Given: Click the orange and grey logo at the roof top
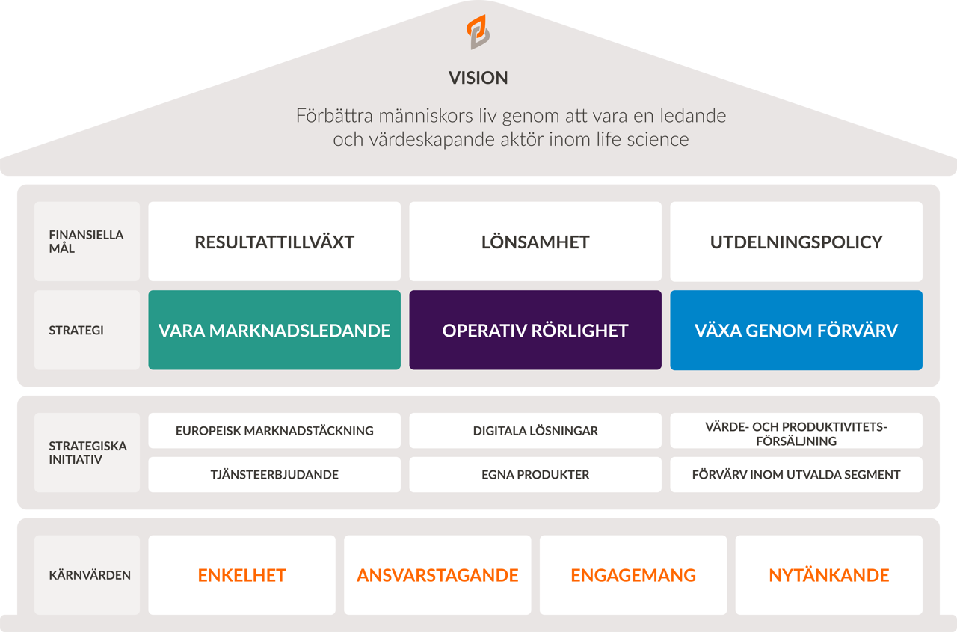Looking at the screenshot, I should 478,32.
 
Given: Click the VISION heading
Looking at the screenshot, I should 478,78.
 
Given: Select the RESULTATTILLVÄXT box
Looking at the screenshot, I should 274,242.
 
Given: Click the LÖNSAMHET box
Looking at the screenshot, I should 535,242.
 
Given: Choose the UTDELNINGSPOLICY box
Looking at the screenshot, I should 796,242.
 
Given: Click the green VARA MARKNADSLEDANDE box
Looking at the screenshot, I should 274,330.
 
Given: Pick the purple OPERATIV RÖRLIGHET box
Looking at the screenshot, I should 535,330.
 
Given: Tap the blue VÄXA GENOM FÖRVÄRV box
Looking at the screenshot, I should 796,330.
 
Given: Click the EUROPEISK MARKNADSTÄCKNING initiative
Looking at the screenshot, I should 274,431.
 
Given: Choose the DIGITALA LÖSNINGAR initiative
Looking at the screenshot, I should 535,431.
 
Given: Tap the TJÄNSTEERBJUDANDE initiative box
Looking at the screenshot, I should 274,474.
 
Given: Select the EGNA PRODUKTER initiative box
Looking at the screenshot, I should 535,474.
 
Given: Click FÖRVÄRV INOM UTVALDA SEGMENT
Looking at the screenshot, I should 796,474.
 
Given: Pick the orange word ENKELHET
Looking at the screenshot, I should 242,575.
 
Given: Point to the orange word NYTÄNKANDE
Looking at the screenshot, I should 829,575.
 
